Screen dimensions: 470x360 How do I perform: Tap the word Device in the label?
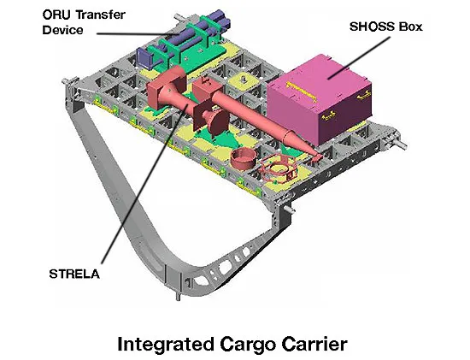tap(62, 30)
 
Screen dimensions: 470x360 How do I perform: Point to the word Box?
tap(410, 27)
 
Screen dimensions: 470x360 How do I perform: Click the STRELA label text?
tap(74, 274)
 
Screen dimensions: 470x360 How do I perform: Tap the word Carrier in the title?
tap(314, 344)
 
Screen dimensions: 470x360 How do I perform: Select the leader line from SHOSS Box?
tap(359, 58)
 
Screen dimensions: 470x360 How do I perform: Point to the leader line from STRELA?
tap(144, 184)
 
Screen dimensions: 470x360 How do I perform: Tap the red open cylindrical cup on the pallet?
tap(244, 159)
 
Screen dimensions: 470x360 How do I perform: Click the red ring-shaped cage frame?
tap(278, 169)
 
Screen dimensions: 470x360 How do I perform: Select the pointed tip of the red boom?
tap(321, 156)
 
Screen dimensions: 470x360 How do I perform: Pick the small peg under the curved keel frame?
tap(178, 297)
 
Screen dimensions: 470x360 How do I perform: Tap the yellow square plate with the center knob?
tap(244, 80)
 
